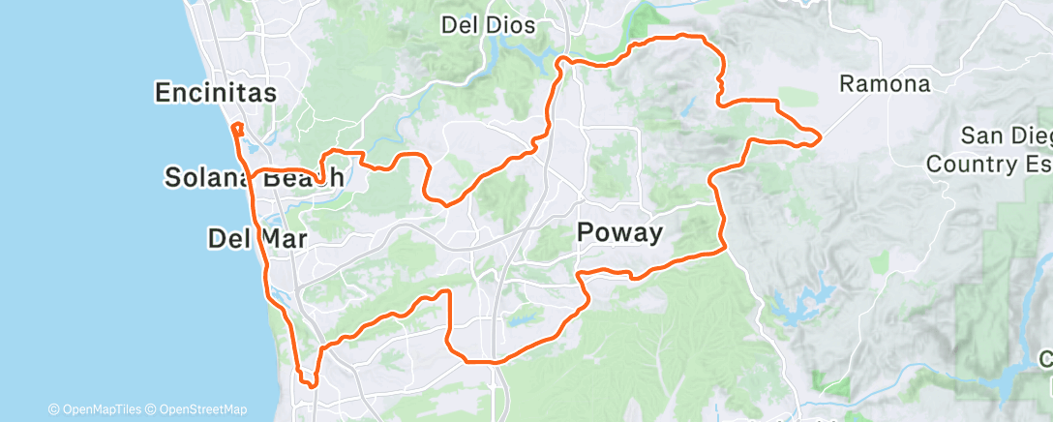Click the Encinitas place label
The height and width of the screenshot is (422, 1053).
pyautogui.click(x=215, y=93)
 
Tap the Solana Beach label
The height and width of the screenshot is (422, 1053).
pyautogui.click(x=255, y=178)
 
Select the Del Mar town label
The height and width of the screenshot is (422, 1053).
pyautogui.click(x=256, y=238)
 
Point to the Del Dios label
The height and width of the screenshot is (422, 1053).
pyautogui.click(x=488, y=26)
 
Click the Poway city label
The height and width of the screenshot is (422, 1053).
pyautogui.click(x=619, y=232)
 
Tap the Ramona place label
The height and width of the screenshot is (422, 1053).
pyautogui.click(x=885, y=84)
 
